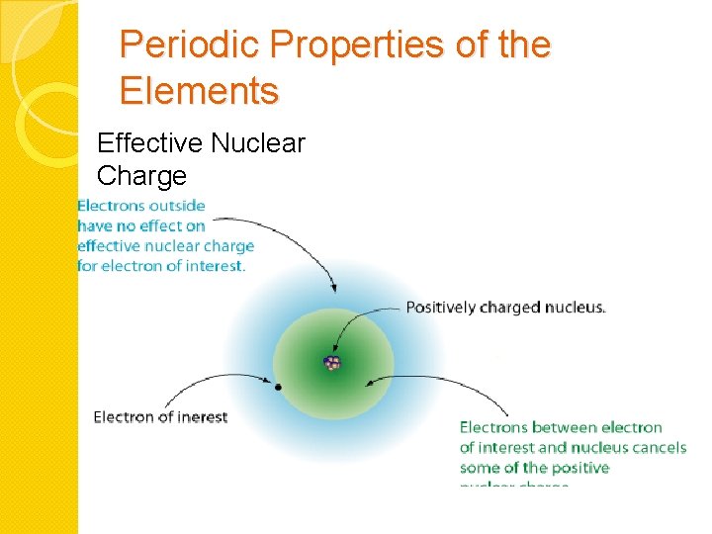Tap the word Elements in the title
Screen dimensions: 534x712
click(199, 91)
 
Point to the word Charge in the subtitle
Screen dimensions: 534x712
click(141, 176)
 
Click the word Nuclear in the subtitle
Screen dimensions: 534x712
click(257, 144)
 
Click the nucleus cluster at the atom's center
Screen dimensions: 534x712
click(333, 363)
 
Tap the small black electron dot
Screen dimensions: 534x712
click(278, 387)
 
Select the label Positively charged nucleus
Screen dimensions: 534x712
click(505, 308)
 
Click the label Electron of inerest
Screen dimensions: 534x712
click(160, 416)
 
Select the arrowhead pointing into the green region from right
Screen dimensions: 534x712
click(370, 381)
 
